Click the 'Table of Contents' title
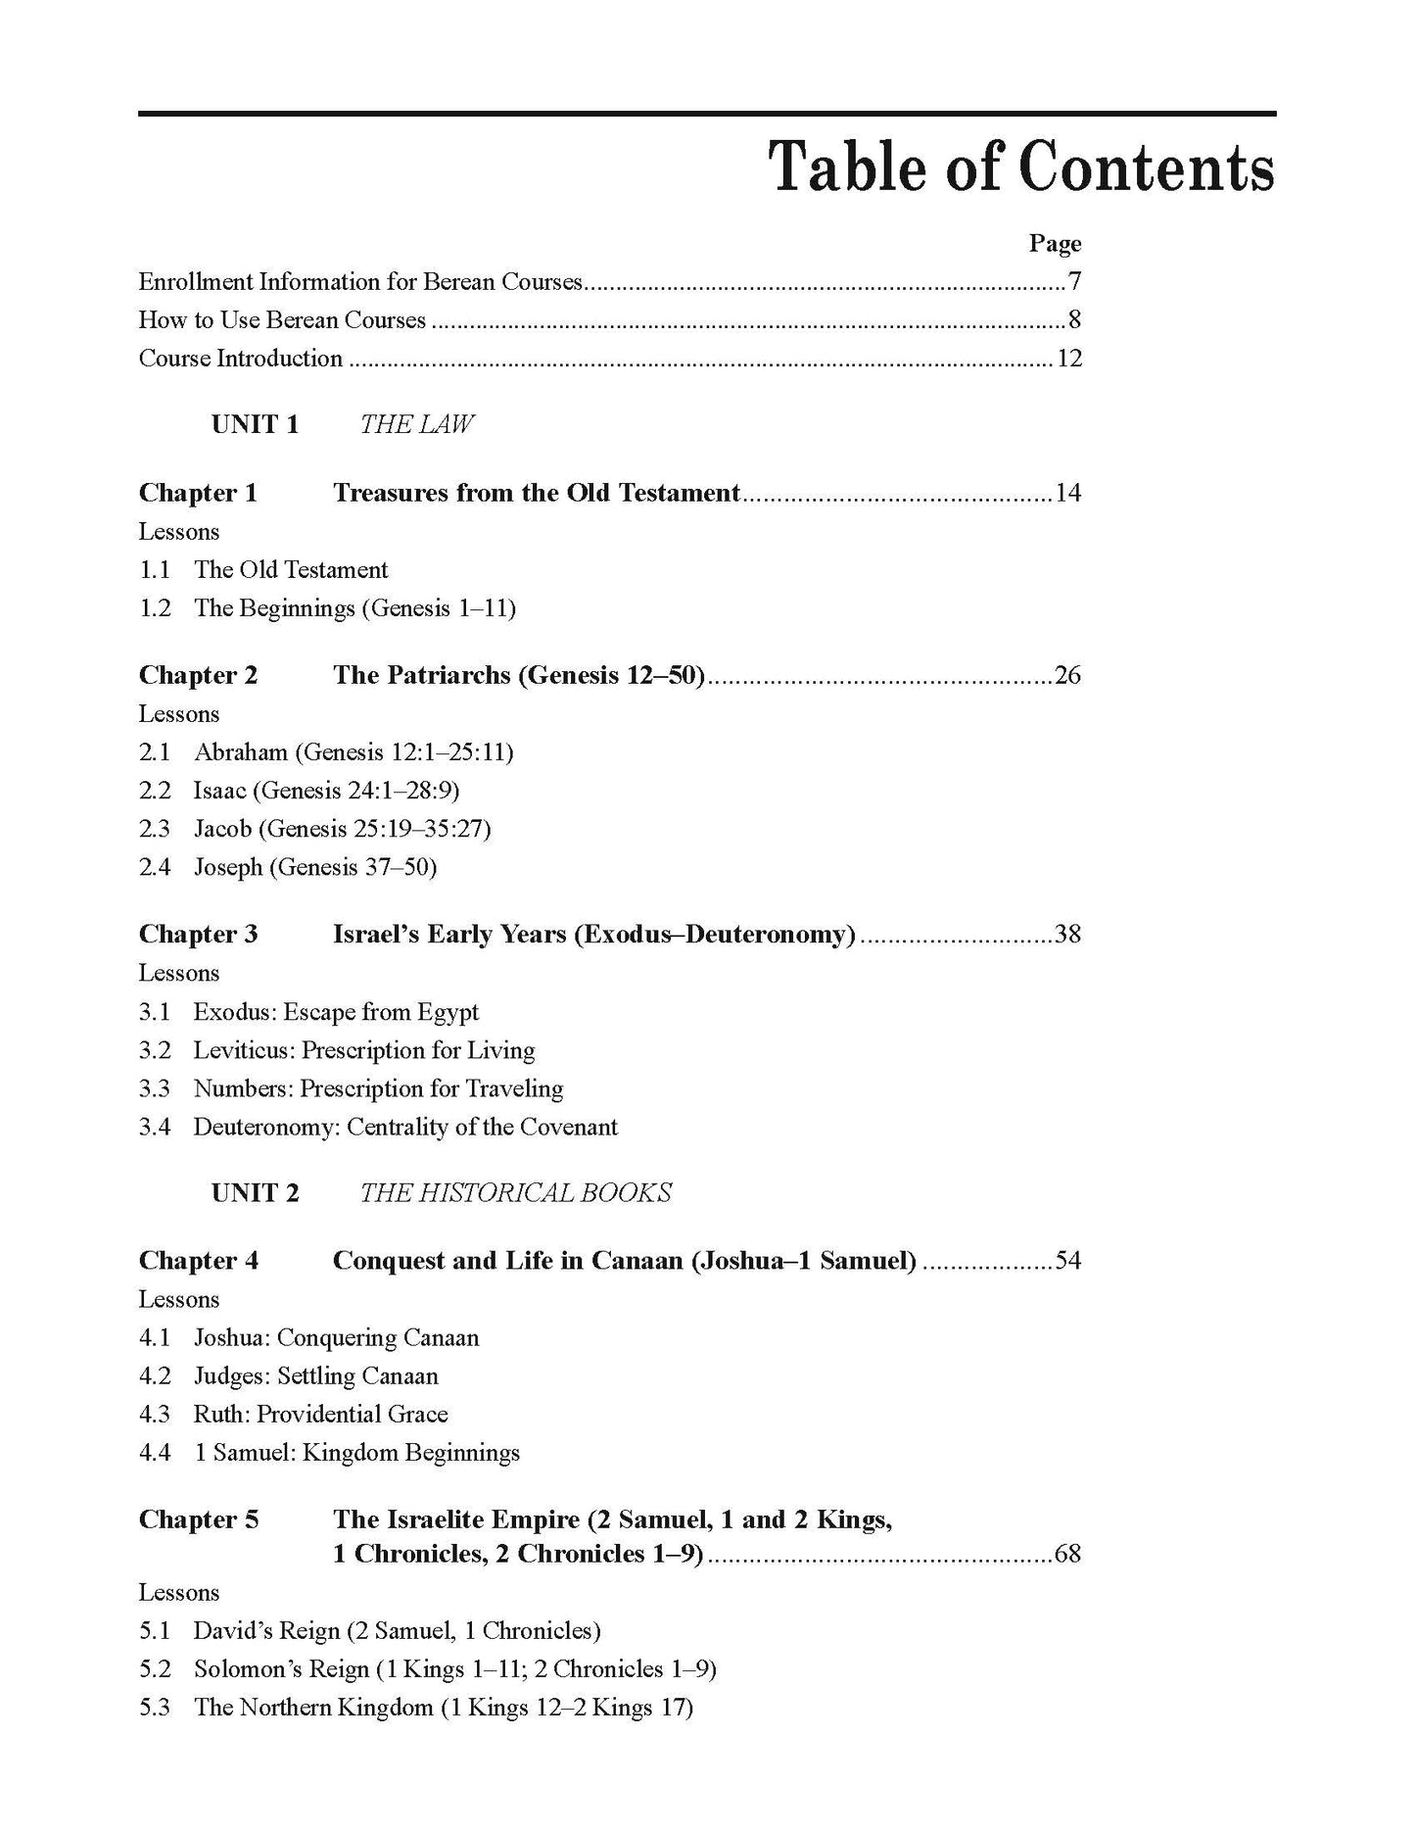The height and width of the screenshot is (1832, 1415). tap(1021, 168)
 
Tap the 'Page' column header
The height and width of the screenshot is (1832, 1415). tap(1055, 243)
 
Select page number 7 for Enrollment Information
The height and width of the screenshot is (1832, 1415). tap(1074, 282)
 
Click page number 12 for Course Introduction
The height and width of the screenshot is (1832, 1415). tap(1068, 359)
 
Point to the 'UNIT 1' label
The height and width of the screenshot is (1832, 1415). tap(255, 424)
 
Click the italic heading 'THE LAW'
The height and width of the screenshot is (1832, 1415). tap(417, 424)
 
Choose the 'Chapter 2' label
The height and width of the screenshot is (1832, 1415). tap(198, 676)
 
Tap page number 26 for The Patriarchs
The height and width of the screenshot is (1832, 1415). tap(1067, 676)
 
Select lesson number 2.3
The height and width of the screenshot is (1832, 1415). tap(154, 829)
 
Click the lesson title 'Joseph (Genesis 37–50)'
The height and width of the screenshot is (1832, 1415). tap(314, 867)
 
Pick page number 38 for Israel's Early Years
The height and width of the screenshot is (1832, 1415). tap(1067, 935)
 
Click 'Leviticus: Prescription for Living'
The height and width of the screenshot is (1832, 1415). tap(363, 1051)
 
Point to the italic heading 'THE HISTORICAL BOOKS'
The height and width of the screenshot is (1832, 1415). tap(515, 1193)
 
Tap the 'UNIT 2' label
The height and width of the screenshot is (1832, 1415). tap(255, 1193)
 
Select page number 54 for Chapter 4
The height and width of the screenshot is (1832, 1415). tap(1067, 1261)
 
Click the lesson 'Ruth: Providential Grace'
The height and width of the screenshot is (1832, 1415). tap(320, 1415)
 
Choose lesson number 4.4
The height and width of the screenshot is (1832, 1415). tap(154, 1453)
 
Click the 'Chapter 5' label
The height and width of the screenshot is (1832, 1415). tap(198, 1519)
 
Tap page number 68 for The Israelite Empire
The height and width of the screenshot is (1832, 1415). tap(1067, 1555)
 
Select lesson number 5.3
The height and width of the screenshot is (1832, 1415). tap(154, 1708)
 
